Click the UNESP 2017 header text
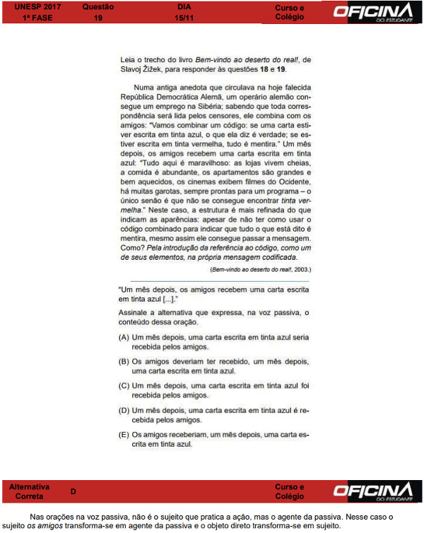[x=33, y=6]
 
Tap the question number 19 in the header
[x=98, y=17]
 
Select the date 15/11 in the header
[x=184, y=17]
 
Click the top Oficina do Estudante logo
[x=372, y=12]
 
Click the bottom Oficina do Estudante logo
[x=372, y=491]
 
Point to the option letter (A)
[x=124, y=337]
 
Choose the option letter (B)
[x=124, y=361]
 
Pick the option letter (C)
[x=124, y=385]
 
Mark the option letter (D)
[x=124, y=409]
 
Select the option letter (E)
[x=124, y=434]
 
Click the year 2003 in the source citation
[x=299, y=270]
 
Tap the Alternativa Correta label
[x=29, y=491]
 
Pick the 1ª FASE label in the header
[x=28, y=17]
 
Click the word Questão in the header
[x=98, y=6]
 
